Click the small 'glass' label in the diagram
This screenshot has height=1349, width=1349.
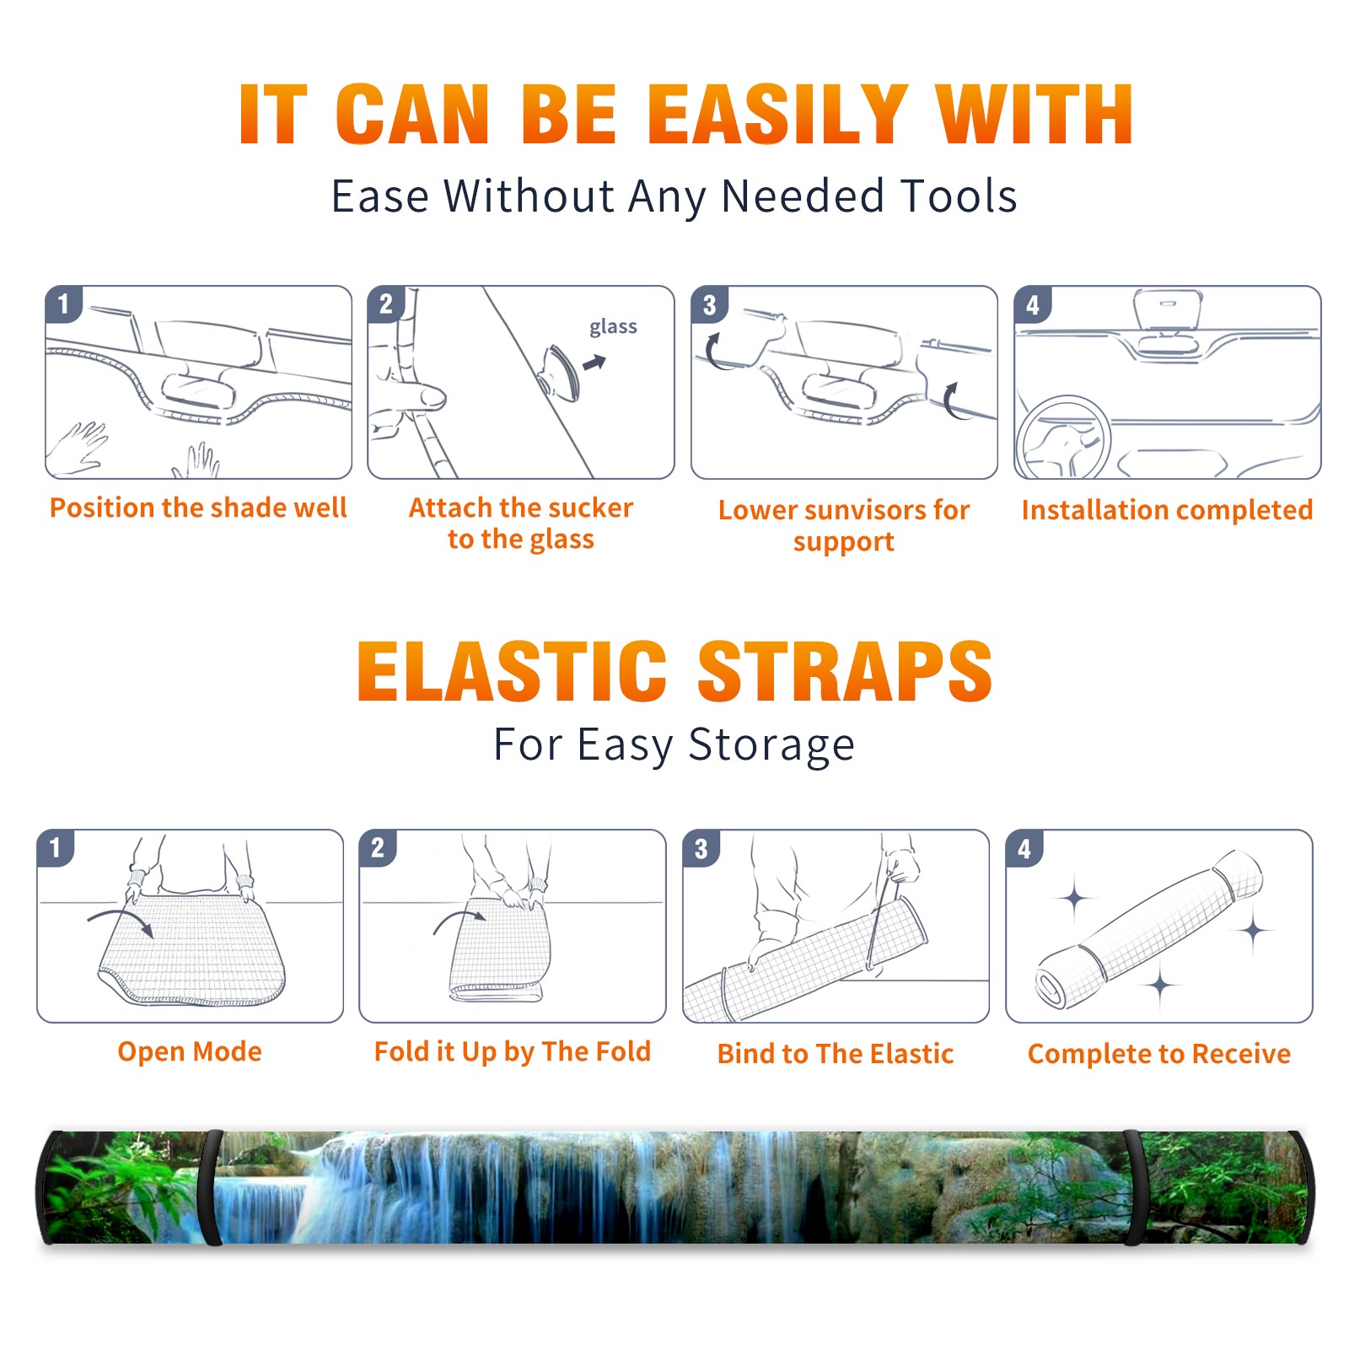tap(613, 327)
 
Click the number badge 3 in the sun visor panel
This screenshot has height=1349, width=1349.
tap(709, 305)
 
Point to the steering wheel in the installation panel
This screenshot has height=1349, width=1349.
tap(1063, 438)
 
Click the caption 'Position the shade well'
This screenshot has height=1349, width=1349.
tap(198, 508)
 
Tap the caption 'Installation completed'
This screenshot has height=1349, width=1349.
tap(1167, 509)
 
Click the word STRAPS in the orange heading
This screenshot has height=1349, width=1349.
tap(845, 671)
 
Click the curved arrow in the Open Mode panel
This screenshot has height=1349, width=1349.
tap(121, 920)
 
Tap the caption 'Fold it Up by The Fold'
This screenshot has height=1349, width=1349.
tap(513, 1052)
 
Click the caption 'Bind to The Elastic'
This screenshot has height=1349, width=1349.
tap(836, 1054)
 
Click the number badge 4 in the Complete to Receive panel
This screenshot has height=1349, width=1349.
tap(1024, 849)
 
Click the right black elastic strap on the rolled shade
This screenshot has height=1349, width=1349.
tap(1135, 1187)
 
